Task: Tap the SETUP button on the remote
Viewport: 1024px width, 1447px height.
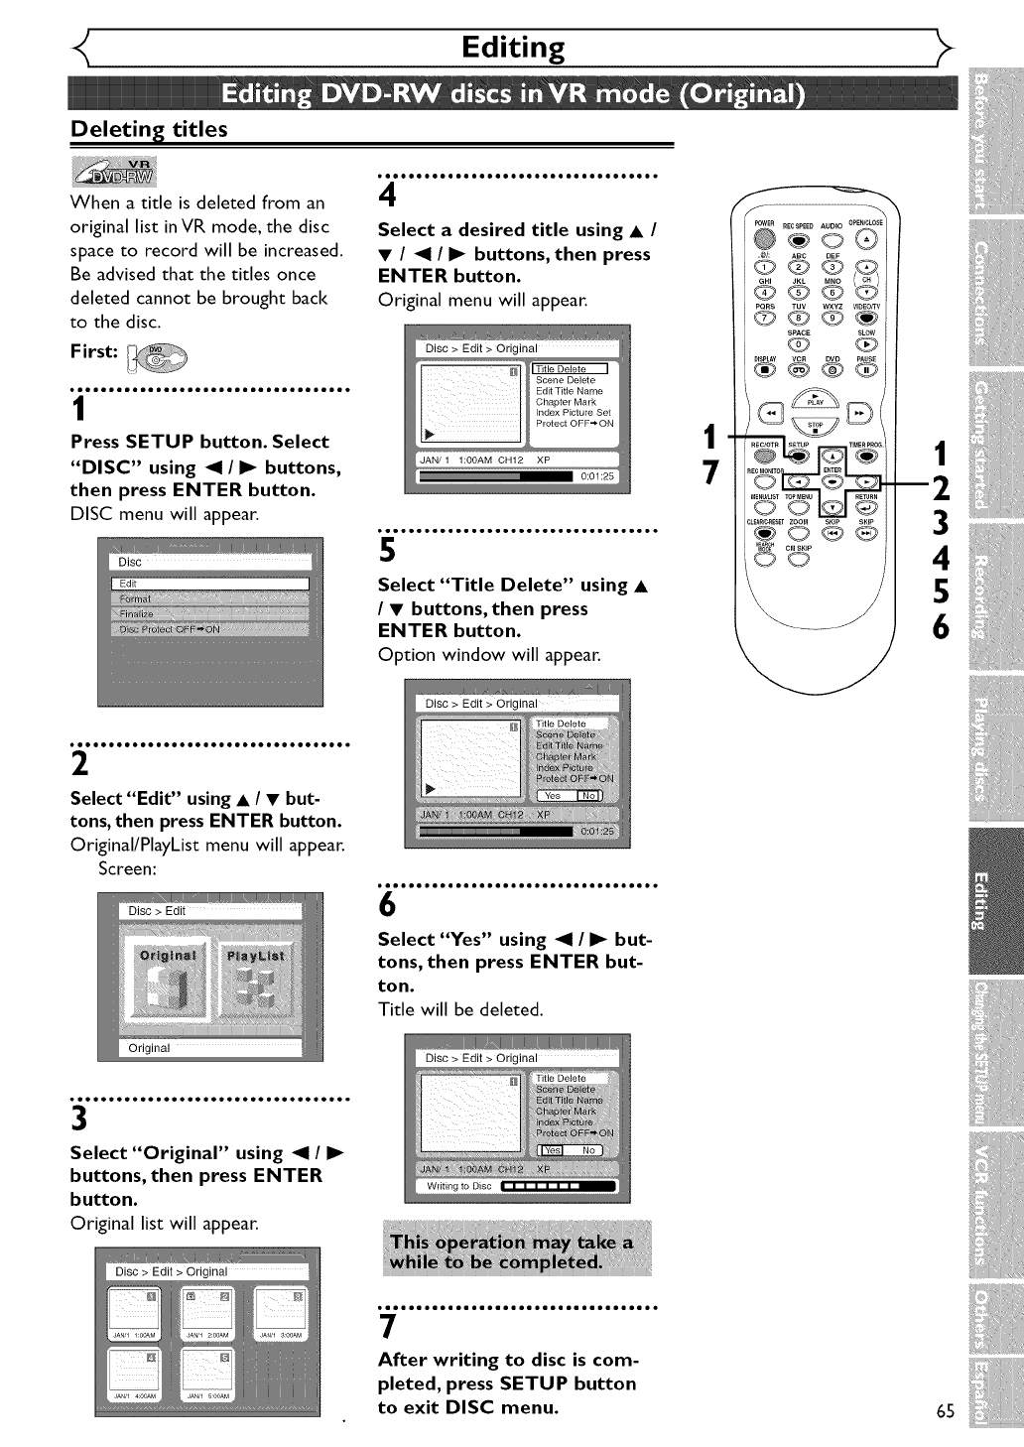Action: (x=799, y=456)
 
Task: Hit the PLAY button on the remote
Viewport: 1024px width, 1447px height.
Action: (x=815, y=396)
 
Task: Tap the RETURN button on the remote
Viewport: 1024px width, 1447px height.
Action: (x=866, y=507)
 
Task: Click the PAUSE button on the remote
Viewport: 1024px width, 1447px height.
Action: (x=866, y=369)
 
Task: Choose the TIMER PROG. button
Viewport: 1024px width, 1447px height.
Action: (x=866, y=456)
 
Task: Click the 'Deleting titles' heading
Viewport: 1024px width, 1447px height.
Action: (x=149, y=129)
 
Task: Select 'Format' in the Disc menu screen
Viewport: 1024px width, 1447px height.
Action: (x=136, y=599)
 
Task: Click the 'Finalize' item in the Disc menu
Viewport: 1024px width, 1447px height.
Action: (x=138, y=614)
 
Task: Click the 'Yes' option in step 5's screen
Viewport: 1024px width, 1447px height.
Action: (x=553, y=796)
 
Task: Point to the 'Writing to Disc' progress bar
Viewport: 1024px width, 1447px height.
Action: (x=559, y=1186)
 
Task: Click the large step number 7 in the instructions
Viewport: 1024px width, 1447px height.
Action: (x=388, y=1328)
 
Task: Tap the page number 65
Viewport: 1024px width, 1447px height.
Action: (x=945, y=1411)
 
